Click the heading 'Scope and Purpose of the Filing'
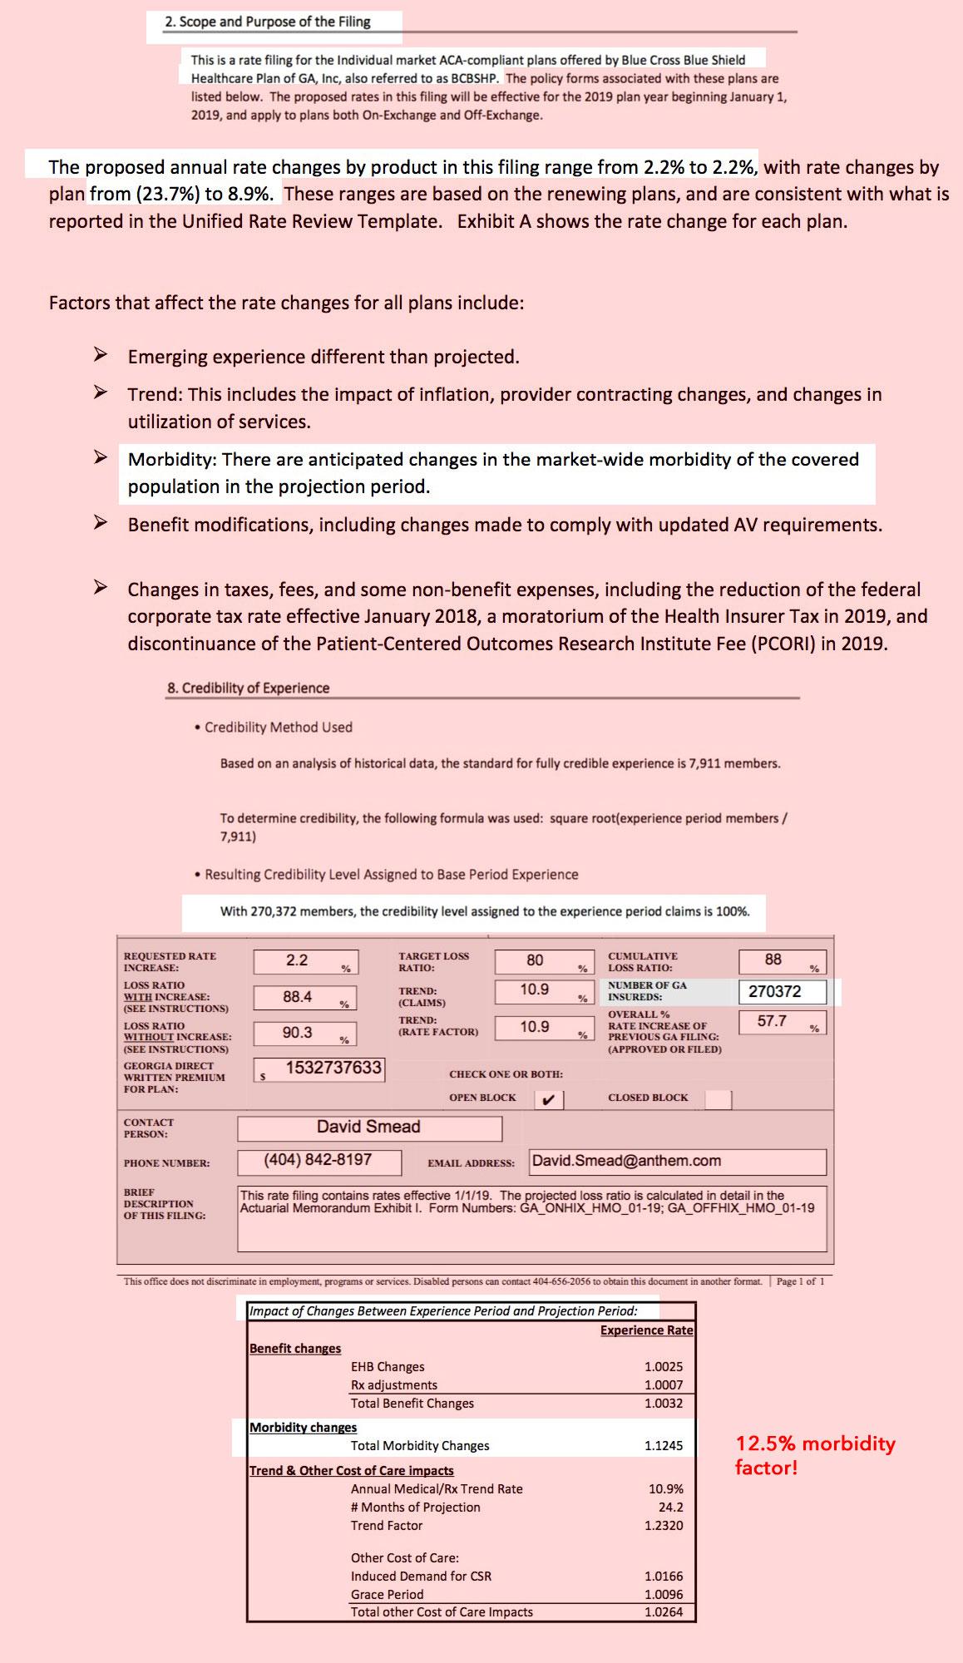[267, 22]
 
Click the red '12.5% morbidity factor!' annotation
[815, 1454]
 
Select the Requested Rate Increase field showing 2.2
[305, 961]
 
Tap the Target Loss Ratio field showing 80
[544, 961]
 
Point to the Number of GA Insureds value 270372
[782, 991]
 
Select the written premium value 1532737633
[333, 1068]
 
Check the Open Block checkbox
[548, 1099]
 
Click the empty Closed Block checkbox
[718, 1099]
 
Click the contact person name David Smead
[368, 1128]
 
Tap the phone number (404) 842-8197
[319, 1160]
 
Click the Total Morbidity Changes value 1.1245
[663, 1446]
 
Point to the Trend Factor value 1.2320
[663, 1526]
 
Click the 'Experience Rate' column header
[646, 1330]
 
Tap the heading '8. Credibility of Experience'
[248, 688]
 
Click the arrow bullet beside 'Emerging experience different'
[100, 356]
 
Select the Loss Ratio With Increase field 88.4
[305, 997]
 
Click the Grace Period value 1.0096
[663, 1595]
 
